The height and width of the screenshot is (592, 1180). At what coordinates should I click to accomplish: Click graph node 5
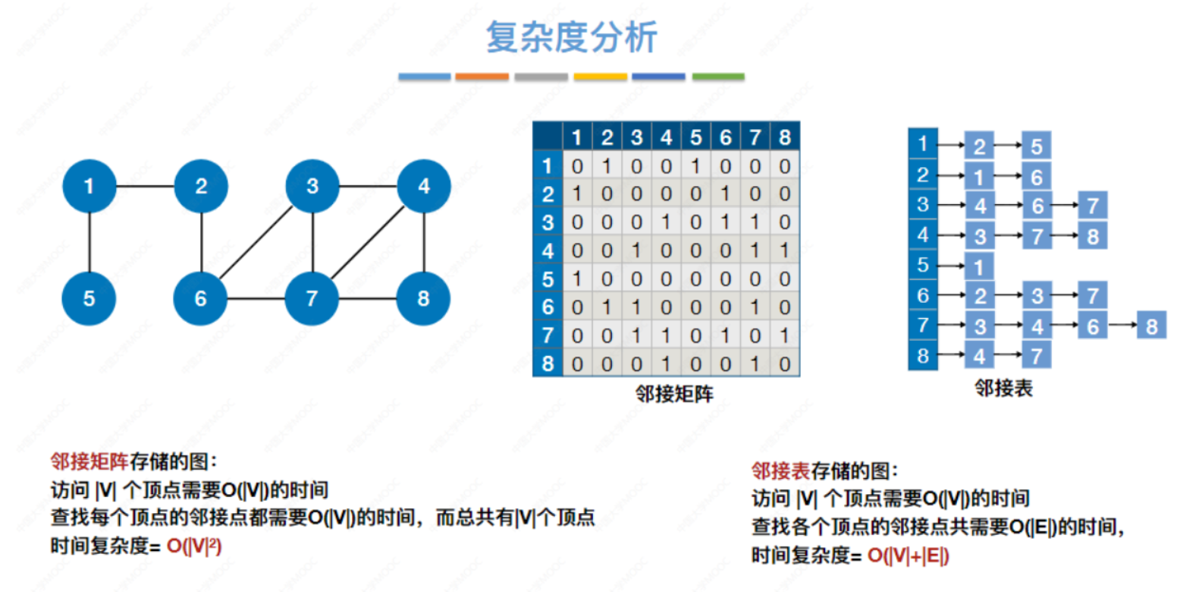89,298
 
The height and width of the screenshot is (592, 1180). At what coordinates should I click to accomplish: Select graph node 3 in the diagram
312,186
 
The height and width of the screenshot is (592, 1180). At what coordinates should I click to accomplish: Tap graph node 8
423,298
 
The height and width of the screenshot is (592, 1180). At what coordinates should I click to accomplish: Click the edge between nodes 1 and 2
145,186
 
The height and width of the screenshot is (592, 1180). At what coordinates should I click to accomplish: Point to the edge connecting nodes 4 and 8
423,242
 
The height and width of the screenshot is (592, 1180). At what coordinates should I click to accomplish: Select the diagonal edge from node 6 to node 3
256,242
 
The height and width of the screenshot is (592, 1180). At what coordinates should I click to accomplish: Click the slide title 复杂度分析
571,37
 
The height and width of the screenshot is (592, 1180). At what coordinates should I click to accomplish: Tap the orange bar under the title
482,77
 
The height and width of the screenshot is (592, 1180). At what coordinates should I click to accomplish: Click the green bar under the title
718,77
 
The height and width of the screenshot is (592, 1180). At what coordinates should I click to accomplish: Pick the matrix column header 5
695,137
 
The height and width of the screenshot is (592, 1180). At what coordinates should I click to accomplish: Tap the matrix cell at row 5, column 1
576,279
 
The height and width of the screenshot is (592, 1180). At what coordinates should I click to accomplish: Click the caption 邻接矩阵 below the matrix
674,393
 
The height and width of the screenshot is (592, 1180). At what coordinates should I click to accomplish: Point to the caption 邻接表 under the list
1003,389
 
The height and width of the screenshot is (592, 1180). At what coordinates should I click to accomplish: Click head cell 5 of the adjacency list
923,265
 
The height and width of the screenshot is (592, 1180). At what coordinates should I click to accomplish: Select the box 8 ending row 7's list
1151,326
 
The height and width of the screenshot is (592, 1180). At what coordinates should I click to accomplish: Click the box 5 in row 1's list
1036,145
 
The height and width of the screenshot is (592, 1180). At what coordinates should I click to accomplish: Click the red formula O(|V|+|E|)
907,556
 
